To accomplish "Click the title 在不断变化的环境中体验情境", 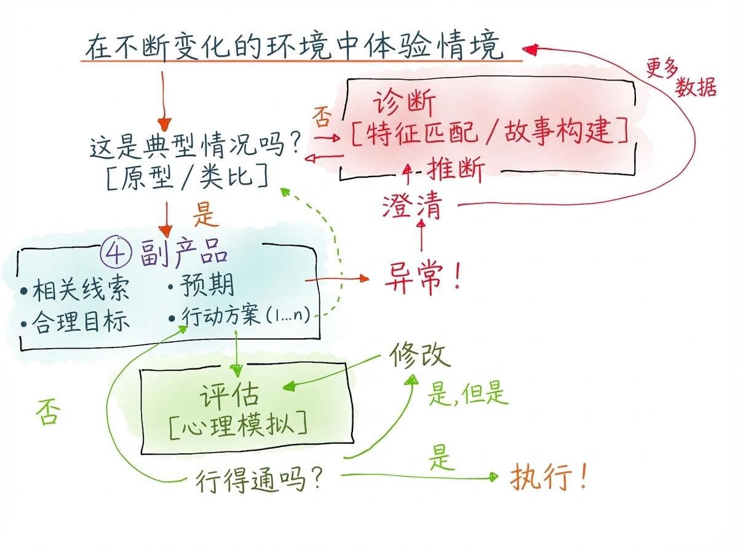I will coord(294,48).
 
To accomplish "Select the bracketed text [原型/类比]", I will coord(186,177).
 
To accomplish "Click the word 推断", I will coord(455,168).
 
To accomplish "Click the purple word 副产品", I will coord(184,255).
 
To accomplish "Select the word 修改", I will coord(419,355).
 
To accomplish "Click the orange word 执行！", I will coord(549,477).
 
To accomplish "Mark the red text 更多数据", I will coord(680,78).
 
